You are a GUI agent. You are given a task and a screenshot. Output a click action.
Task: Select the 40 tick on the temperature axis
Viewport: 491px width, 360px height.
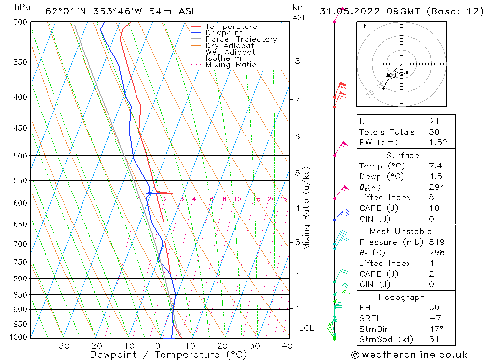[287, 346]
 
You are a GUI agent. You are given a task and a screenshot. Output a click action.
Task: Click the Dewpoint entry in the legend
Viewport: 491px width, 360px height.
[223, 33]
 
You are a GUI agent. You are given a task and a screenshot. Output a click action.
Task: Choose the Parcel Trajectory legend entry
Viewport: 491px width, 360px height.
[241, 39]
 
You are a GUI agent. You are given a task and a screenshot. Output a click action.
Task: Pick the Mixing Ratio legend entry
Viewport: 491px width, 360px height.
[231, 65]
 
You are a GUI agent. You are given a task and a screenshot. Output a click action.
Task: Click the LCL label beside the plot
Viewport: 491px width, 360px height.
[306, 328]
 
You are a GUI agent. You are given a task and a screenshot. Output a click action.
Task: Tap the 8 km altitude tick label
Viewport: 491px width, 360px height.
[297, 61]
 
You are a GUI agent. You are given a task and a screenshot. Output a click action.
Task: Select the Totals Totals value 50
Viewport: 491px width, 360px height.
[434, 132]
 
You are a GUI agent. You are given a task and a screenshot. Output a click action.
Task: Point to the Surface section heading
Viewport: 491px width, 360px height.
[403, 155]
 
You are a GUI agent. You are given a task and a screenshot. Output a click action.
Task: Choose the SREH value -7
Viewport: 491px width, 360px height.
[434, 318]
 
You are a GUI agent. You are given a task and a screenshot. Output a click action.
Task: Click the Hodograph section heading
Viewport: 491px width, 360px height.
[402, 297]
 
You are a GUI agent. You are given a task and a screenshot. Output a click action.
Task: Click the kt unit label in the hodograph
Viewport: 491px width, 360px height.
[363, 26]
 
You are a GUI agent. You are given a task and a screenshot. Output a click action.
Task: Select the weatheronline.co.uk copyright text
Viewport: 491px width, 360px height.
[409, 355]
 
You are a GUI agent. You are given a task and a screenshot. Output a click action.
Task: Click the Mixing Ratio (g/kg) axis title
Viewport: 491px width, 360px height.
[307, 208]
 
